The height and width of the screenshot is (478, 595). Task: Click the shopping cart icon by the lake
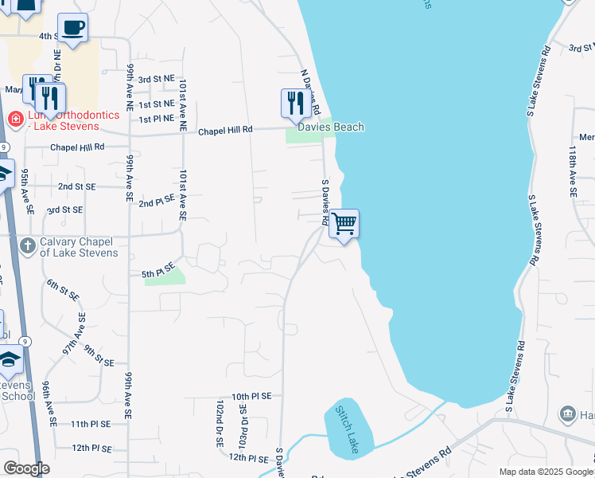[x=344, y=223]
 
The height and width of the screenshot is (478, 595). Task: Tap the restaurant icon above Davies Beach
[x=294, y=102]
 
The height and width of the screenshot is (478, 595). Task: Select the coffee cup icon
[x=72, y=27]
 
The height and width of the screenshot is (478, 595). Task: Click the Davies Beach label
[x=331, y=127]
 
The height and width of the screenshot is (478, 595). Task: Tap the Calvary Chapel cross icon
[x=26, y=245]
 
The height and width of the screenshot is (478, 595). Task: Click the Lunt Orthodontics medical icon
[x=14, y=119]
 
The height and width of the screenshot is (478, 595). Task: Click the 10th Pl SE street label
[x=251, y=396]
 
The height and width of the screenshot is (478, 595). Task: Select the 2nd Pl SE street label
[x=157, y=203]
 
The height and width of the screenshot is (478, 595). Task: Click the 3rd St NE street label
[x=156, y=80]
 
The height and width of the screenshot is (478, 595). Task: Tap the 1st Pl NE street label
[x=157, y=119]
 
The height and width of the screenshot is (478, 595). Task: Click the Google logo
[x=26, y=468]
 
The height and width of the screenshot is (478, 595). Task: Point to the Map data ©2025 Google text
[x=545, y=472]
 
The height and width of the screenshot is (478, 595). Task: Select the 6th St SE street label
[x=62, y=289]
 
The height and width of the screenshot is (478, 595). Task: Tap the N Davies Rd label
[x=310, y=92]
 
